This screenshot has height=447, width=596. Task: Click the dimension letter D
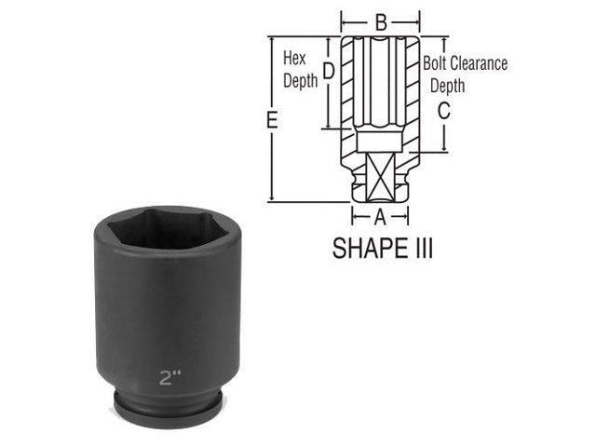[x=328, y=71]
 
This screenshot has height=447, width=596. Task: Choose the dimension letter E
[x=271, y=120]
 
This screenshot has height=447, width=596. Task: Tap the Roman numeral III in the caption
[x=416, y=249]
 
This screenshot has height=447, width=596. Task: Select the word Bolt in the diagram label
[x=437, y=64]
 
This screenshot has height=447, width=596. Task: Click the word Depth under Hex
[x=300, y=80]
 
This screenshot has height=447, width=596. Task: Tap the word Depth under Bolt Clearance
[x=447, y=86]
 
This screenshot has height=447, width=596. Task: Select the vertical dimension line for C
[x=444, y=135]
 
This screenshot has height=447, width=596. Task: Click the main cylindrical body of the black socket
[x=158, y=317]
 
